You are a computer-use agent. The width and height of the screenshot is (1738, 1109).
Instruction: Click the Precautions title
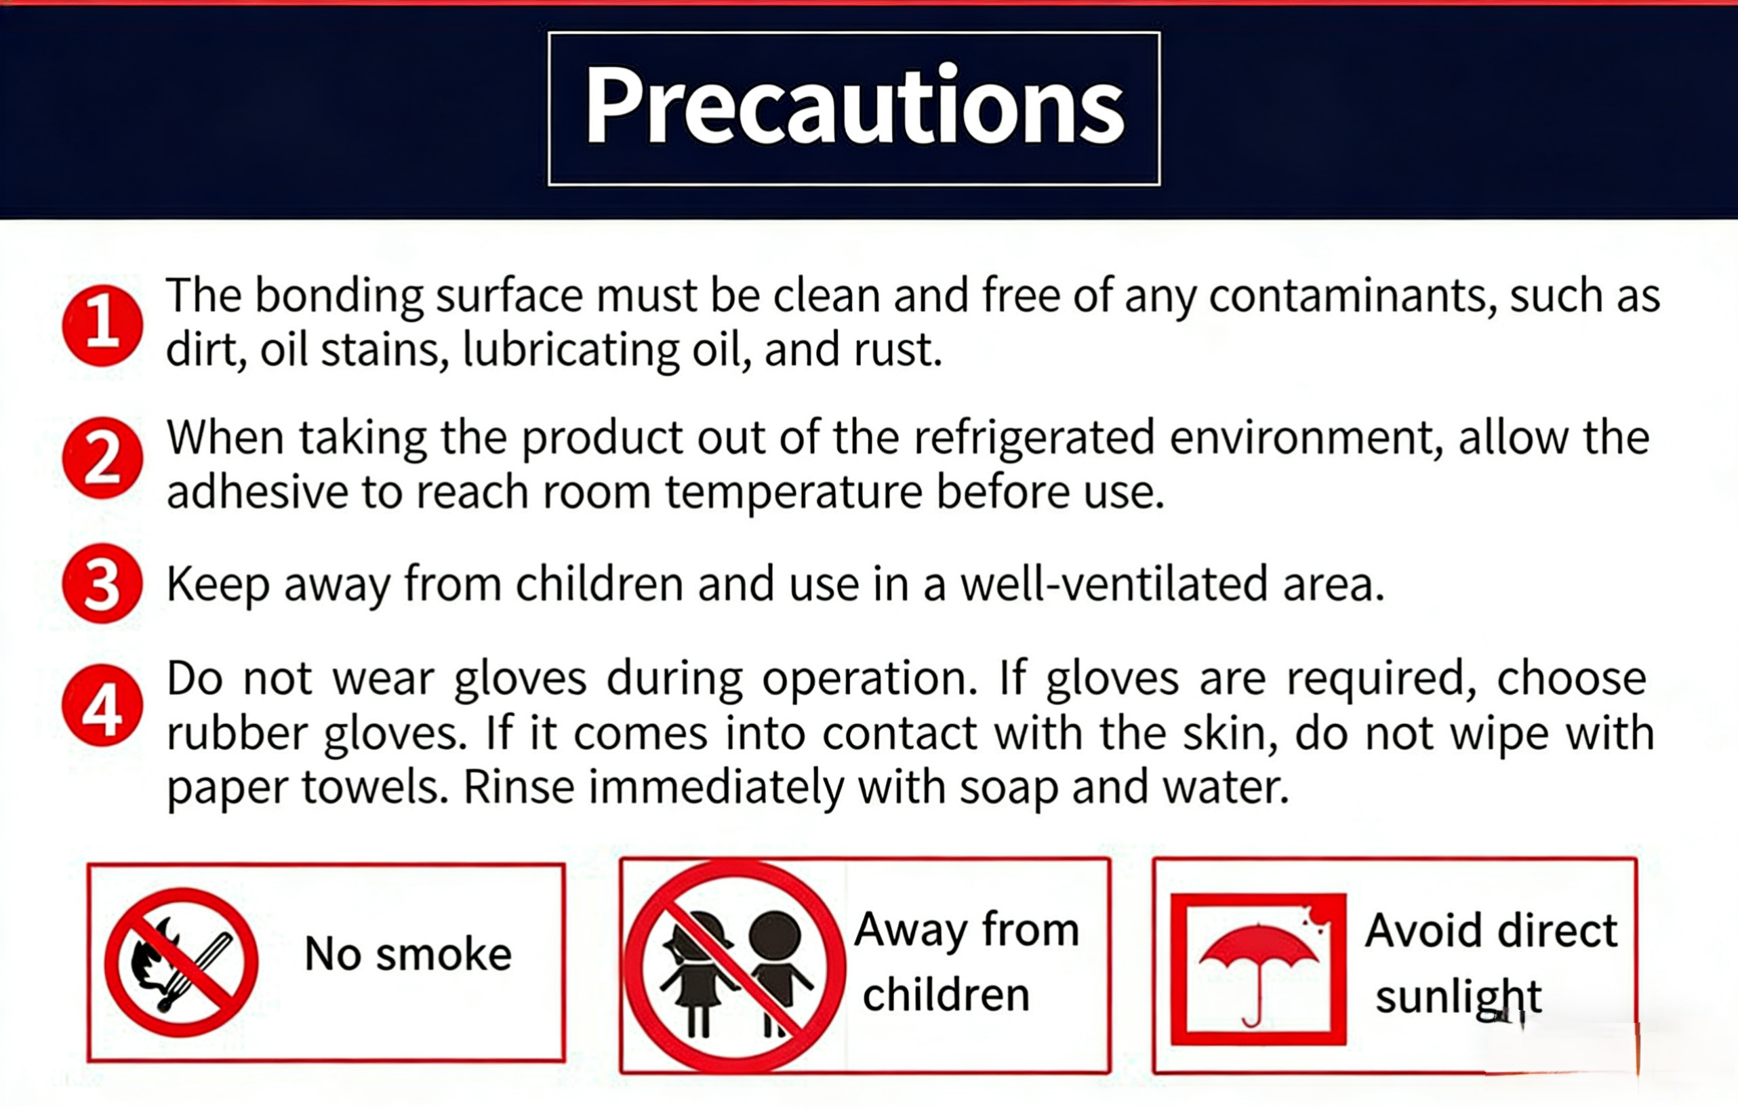(x=855, y=106)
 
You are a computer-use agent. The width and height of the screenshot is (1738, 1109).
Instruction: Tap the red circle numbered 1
(x=102, y=325)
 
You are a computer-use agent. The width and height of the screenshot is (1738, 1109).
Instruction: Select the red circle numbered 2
(x=102, y=458)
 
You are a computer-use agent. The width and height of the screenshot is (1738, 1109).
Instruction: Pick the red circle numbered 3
(x=102, y=584)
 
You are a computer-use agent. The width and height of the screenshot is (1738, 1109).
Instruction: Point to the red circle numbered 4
(x=102, y=706)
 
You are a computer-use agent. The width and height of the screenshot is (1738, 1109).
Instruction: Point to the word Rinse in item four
(x=519, y=787)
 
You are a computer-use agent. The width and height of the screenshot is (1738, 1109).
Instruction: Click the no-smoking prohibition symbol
(x=181, y=963)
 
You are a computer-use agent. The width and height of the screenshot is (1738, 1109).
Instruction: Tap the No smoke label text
(x=409, y=954)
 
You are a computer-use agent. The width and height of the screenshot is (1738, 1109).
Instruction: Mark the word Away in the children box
(x=911, y=931)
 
